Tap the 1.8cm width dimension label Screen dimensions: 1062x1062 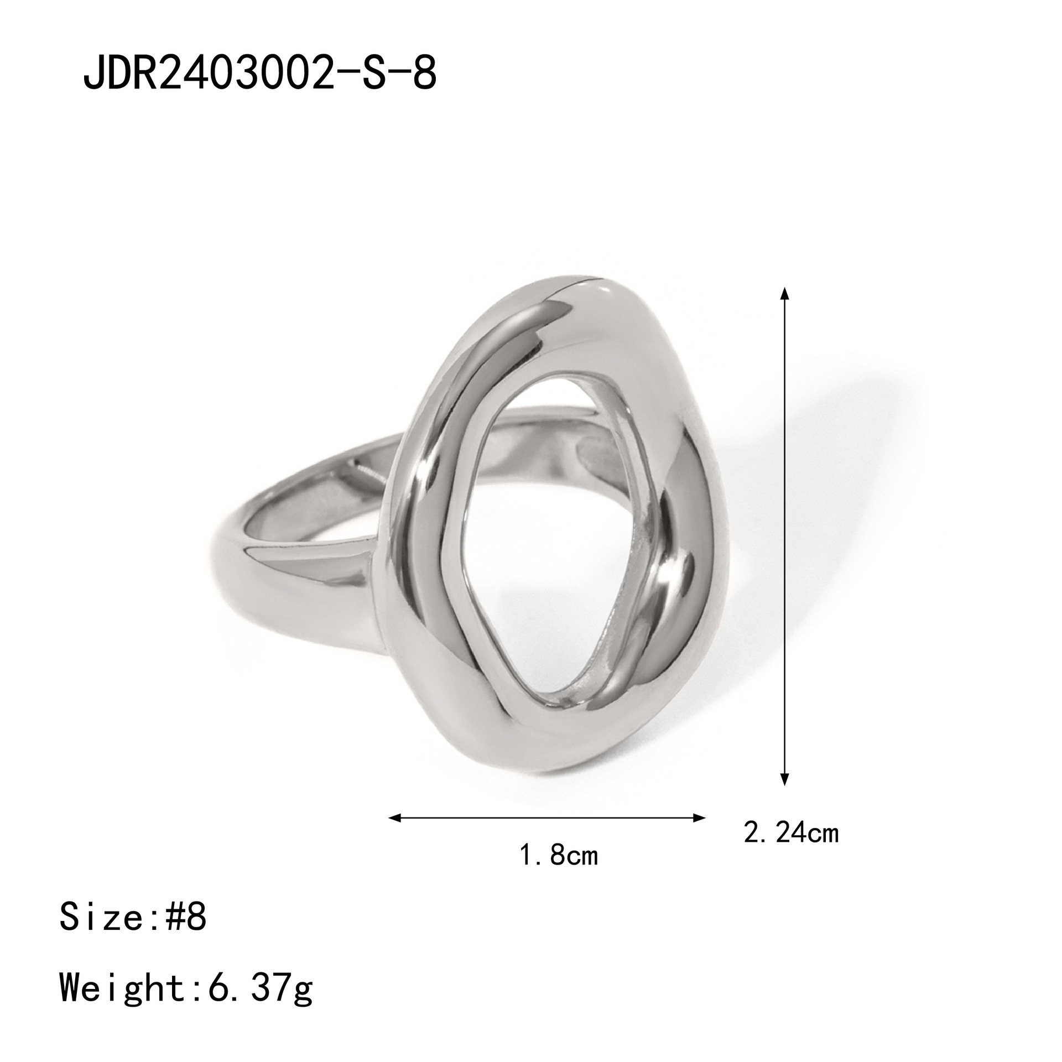tap(559, 871)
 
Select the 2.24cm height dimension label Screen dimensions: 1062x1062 tap(791, 848)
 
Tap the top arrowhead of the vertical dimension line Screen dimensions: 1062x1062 tap(784, 293)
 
